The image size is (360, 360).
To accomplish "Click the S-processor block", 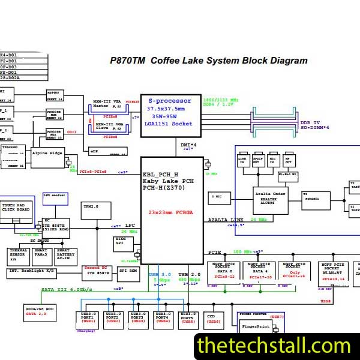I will (x=170, y=112).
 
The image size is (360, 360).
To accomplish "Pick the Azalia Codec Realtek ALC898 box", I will (x=269, y=200).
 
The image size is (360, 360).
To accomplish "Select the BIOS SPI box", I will (x=124, y=244).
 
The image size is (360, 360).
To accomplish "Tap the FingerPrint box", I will (x=256, y=328).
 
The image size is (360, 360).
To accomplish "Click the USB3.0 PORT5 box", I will (x=188, y=319).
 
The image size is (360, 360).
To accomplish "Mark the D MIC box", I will (x=220, y=197).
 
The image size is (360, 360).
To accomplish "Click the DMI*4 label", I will (x=188, y=145).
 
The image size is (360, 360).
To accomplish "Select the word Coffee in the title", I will (x=168, y=61).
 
